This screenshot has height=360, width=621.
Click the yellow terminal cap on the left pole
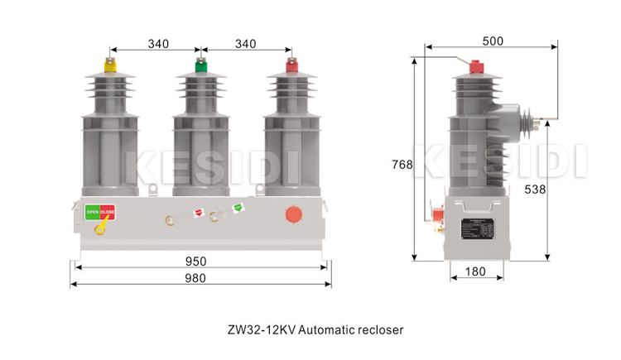tap(108, 62)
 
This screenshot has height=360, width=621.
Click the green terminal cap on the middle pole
tap(200, 62)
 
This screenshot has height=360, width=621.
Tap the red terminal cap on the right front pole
tap(291, 62)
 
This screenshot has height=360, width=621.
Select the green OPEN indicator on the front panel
tap(93, 213)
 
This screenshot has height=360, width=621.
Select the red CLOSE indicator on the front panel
tap(108, 213)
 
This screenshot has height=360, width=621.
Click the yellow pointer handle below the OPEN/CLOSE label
tap(100, 226)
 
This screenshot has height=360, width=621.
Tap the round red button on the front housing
tap(293, 214)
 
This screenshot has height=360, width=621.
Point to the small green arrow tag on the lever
tap(238, 208)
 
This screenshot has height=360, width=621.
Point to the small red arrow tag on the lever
tap(199, 213)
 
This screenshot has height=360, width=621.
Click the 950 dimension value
tap(195, 262)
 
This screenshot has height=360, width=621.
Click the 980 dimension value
tap(195, 279)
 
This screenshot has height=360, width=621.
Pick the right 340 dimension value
tap(246, 43)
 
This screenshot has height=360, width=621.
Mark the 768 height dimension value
tap(402, 165)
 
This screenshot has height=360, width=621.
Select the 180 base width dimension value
tap(474, 271)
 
